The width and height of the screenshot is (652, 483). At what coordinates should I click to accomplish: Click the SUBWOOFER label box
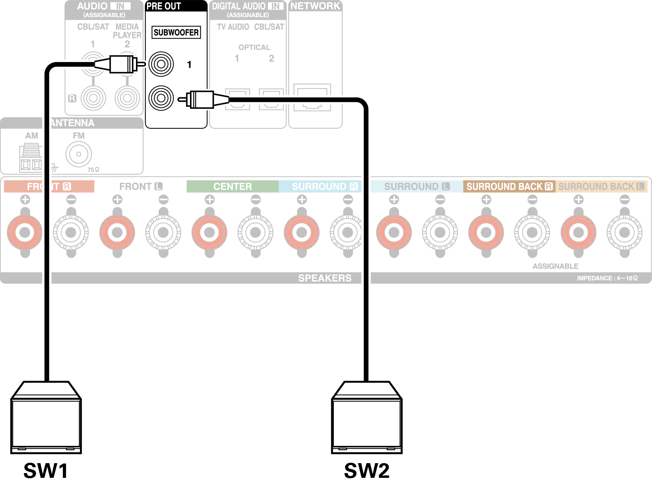coord(176,32)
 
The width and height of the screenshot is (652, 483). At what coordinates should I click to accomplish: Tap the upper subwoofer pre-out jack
coord(161,64)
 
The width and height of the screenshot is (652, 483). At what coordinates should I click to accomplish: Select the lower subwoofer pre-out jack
coord(161,98)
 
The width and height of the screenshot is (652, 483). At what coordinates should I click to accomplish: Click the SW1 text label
coord(46,470)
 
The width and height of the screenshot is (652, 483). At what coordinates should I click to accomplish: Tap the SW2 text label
coord(366,470)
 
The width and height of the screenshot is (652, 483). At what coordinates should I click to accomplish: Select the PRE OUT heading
coord(164,6)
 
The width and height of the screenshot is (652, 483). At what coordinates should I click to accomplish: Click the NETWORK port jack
coord(312,97)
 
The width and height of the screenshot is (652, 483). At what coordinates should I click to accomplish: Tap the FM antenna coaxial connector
coord(79,154)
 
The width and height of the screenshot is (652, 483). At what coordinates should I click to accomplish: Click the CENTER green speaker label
coord(232,186)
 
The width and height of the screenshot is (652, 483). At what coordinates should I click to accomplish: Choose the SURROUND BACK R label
coord(509,186)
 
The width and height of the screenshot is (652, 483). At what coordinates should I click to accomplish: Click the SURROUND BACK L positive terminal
coord(578,232)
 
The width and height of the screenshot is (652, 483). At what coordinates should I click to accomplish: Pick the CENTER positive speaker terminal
coord(209,232)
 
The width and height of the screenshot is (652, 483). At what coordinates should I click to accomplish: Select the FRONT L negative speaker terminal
coord(163,232)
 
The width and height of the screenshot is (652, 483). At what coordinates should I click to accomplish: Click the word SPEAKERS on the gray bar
coord(325,278)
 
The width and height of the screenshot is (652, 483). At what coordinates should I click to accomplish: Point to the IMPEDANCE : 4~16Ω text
coord(607,278)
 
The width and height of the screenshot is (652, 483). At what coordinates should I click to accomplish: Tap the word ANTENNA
coord(72,123)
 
